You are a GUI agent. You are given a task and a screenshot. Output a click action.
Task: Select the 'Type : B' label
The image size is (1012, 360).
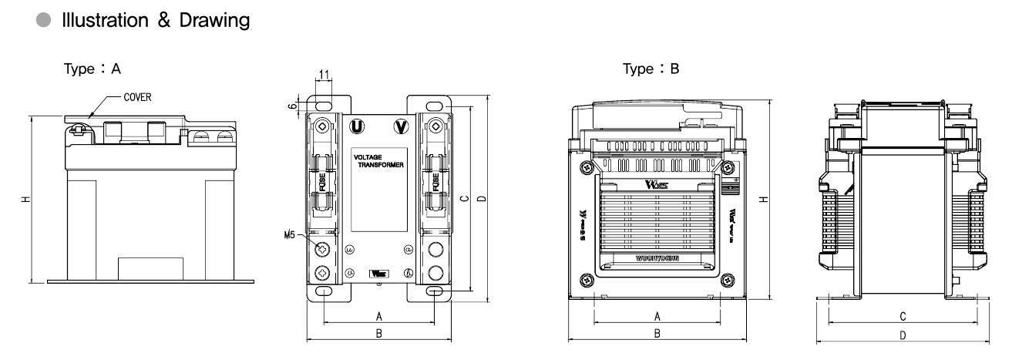click(651, 69)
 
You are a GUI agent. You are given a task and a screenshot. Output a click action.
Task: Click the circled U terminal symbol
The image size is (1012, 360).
click(356, 126)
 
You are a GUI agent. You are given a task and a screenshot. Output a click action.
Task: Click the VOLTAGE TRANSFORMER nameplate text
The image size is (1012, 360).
click(378, 160)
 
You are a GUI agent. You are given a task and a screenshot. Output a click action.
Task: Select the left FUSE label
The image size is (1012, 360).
click(324, 182)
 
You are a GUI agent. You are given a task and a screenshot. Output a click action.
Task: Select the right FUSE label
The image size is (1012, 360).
click(436, 182)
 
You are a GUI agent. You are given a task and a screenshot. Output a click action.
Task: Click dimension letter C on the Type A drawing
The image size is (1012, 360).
click(464, 198)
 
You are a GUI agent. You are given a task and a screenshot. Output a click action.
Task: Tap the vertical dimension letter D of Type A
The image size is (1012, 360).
click(483, 198)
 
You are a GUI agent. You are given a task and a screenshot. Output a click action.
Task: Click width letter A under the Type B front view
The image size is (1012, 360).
click(657, 315)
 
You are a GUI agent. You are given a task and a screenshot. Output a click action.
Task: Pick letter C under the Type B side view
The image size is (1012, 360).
click(902, 316)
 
